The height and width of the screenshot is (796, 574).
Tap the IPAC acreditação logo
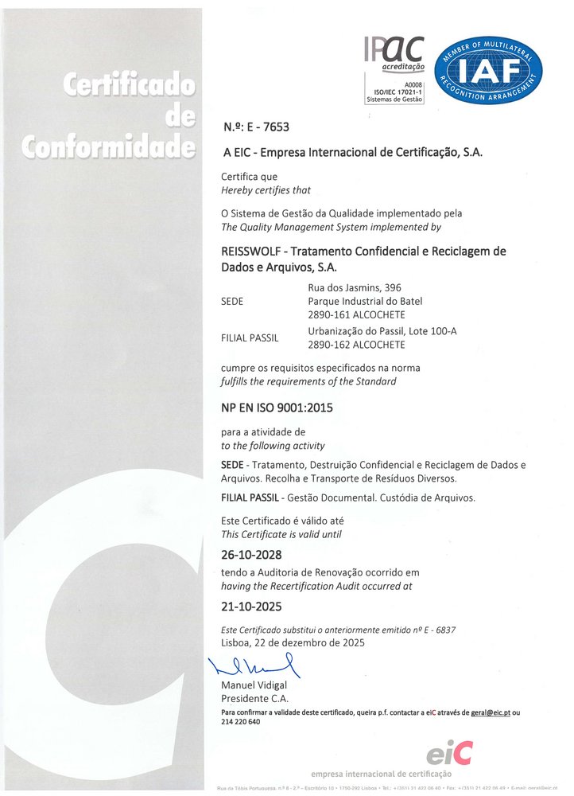coord(394,69)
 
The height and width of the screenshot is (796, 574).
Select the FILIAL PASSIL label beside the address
coord(250,338)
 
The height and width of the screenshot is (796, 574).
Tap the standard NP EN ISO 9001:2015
coord(277,408)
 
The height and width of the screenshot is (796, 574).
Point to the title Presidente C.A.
coord(255,698)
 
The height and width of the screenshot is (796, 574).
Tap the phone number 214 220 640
coord(240,721)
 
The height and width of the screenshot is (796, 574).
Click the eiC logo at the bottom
coord(449,751)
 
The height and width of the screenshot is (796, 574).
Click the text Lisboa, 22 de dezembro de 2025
coord(293,642)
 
